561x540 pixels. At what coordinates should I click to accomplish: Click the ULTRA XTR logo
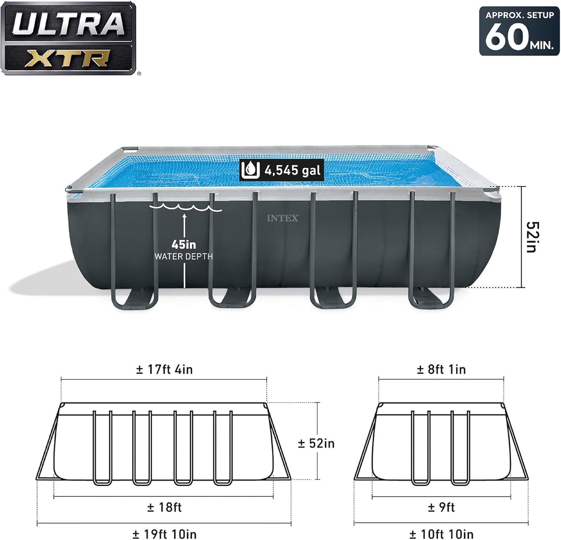68,38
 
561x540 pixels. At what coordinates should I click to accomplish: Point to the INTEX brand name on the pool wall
283,218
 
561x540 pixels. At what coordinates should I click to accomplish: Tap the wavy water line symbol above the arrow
186,208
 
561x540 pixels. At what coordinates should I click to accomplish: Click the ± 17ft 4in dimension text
165,370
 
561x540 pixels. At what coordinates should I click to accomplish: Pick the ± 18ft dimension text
165,507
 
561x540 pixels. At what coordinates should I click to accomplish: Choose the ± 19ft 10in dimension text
165,534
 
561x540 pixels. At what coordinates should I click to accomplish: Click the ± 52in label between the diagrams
316,443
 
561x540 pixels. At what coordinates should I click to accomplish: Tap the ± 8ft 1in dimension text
441,370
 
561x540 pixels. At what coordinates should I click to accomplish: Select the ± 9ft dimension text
441,507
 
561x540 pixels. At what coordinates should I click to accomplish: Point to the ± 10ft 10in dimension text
441,534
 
